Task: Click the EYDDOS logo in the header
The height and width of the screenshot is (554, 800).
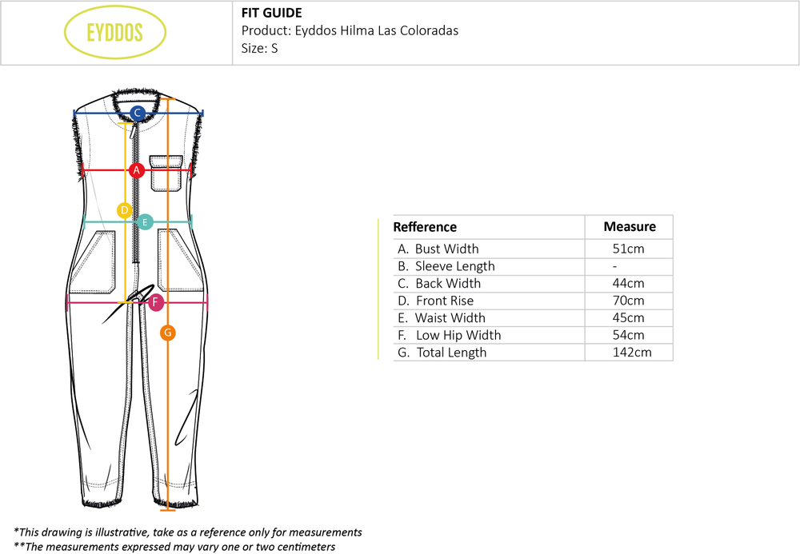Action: (x=114, y=32)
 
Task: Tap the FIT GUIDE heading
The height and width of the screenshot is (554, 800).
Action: (x=271, y=13)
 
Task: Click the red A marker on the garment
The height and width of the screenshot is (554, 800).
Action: (x=136, y=170)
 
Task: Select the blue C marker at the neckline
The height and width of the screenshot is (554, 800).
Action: (x=138, y=113)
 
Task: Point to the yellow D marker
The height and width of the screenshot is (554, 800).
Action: (x=125, y=210)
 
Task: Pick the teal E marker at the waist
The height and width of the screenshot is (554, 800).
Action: (x=145, y=221)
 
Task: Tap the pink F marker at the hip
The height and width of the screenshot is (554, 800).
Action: (x=156, y=302)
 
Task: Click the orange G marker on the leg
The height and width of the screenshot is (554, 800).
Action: (x=167, y=333)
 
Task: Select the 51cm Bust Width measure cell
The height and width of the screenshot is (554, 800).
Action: (x=628, y=249)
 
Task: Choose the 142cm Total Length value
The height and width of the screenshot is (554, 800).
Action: (x=632, y=353)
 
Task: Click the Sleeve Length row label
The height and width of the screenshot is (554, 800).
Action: (x=446, y=266)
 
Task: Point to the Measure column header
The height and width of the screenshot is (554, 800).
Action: (x=630, y=226)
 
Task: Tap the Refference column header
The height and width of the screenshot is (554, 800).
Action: (x=425, y=227)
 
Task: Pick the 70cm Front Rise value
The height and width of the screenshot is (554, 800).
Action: (x=628, y=301)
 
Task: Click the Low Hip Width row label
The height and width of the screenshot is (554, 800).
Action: (x=450, y=335)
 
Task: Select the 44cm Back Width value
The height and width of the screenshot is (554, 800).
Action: (x=628, y=283)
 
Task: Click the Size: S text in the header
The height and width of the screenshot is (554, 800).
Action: (x=260, y=48)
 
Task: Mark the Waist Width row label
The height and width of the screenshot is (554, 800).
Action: (x=442, y=317)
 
